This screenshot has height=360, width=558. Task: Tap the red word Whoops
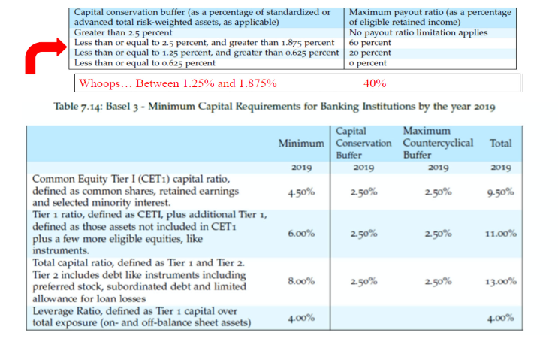101,83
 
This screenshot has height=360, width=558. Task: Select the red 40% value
375,83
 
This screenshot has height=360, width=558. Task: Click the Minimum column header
301,143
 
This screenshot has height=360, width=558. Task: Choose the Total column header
500,142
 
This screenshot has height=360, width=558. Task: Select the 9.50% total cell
500,192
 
